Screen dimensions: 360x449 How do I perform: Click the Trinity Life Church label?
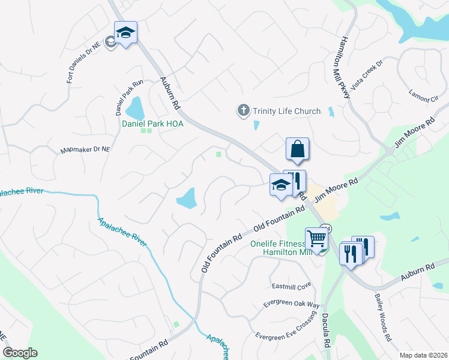[286, 111]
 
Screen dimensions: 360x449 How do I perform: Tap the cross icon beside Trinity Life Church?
[243, 110]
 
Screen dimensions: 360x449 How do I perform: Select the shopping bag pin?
[298, 149]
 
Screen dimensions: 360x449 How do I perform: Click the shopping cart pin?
[317, 238]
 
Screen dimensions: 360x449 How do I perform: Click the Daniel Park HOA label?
[152, 124]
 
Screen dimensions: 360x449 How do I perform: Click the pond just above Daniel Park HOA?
[135, 109]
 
